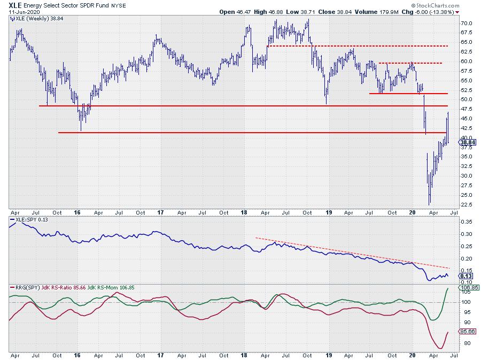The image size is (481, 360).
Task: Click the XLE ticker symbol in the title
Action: coord(16,4)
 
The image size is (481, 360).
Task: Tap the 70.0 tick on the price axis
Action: coord(467,24)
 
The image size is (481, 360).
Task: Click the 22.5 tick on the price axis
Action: coord(467,204)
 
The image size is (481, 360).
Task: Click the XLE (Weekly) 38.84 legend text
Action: coord(34,19)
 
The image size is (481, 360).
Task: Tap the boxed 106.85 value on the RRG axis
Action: coord(468,287)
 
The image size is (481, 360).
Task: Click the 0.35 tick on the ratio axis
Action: coord(467,221)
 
